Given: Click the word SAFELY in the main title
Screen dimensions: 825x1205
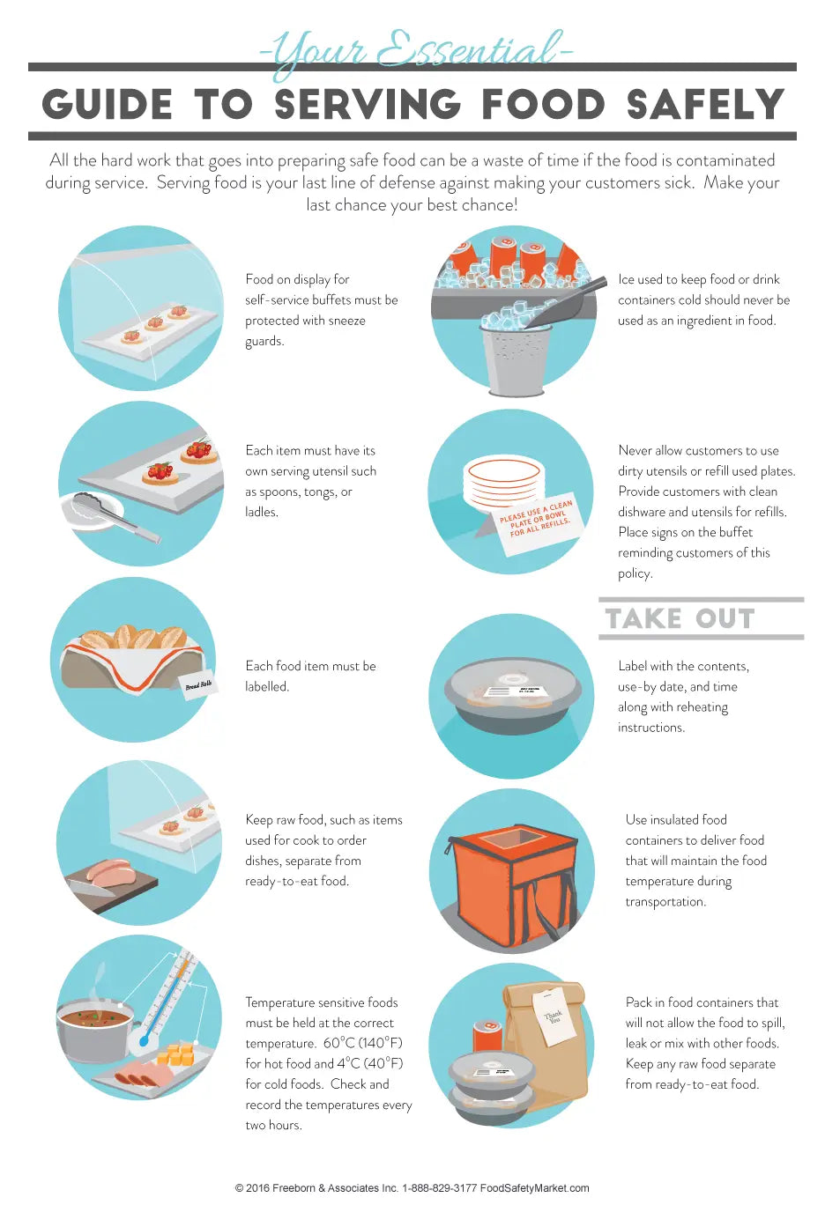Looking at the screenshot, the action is (705, 104).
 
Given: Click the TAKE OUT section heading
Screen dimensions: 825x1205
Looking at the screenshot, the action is (680, 618).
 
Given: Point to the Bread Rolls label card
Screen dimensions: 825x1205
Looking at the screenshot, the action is (198, 684).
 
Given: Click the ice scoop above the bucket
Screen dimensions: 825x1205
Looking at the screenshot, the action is (560, 304).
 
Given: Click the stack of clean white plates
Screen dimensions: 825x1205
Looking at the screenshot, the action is (503, 483).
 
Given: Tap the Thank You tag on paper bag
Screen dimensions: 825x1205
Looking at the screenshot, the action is (554, 1016).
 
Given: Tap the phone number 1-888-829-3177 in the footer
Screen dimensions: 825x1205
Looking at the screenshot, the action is (439, 1187).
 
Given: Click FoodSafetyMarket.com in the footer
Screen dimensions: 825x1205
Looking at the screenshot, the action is (534, 1187).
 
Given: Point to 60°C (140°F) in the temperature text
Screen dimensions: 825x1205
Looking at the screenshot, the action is (363, 1043).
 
